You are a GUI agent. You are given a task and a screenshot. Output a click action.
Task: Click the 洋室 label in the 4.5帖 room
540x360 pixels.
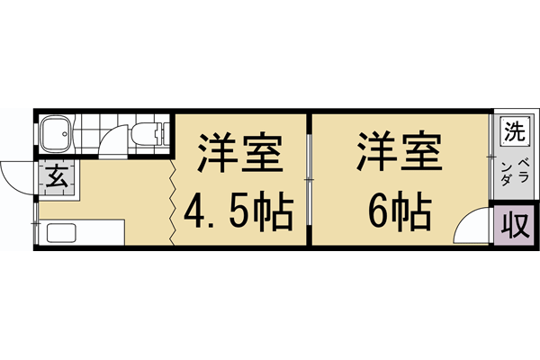pyautogui.click(x=239, y=154)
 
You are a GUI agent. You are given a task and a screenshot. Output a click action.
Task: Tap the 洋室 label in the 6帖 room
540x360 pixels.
pyautogui.click(x=400, y=154)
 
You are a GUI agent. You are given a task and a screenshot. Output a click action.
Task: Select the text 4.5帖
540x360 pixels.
pyautogui.click(x=239, y=212)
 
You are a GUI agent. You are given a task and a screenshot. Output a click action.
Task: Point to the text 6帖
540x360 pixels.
pyautogui.click(x=400, y=212)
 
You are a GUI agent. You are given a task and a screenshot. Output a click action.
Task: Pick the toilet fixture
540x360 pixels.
pyautogui.click(x=148, y=134)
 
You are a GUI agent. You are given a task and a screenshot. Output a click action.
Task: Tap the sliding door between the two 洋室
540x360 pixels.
pyautogui.click(x=309, y=180)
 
